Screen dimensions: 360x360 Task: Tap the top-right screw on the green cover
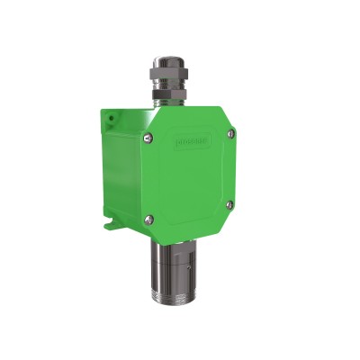(231, 133)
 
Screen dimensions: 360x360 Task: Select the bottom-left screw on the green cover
(149, 216)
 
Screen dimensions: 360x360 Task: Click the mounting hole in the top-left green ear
(109, 117)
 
